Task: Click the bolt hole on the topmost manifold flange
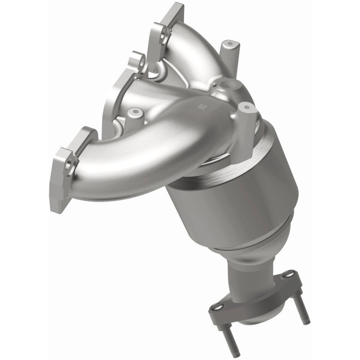[x=164, y=32]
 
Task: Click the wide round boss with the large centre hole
[x=228, y=86]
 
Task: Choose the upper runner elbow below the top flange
[x=189, y=49]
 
